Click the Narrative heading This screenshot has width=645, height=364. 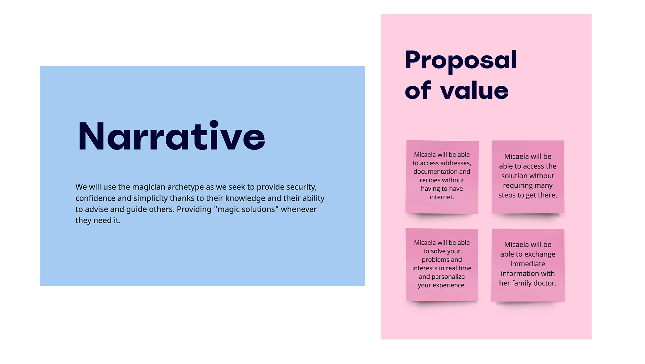tap(172, 136)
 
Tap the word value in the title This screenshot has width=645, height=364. tap(474, 90)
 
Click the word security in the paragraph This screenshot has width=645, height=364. tap(301, 187)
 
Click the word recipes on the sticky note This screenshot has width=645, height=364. tap(429, 180)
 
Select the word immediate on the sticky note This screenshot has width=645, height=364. tap(528, 264)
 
